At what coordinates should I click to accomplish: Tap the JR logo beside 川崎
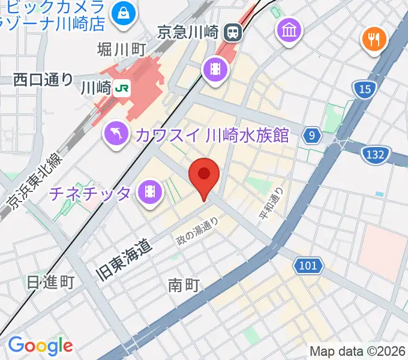click(x=122, y=88)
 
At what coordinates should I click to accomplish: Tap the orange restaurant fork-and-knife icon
click(x=374, y=40)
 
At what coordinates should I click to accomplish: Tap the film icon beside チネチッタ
click(x=149, y=193)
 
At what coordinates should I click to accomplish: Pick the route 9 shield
click(x=311, y=136)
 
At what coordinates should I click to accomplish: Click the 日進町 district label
click(x=50, y=282)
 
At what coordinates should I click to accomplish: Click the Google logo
click(x=40, y=345)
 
